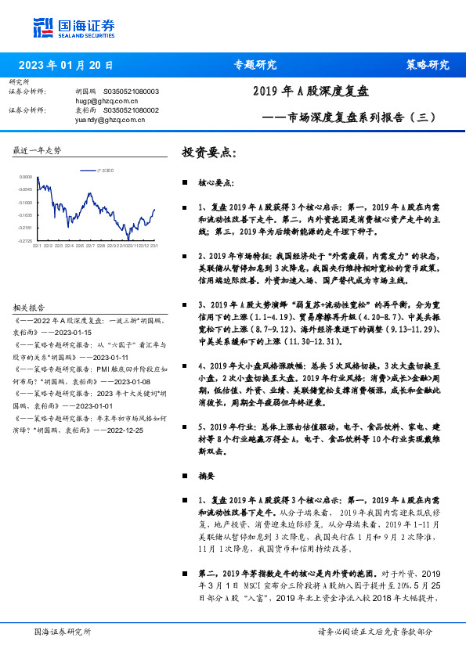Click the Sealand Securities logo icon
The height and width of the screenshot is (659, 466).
(x=42, y=28)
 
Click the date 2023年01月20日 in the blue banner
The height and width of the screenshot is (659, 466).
(x=66, y=66)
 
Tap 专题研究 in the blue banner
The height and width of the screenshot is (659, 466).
(x=255, y=66)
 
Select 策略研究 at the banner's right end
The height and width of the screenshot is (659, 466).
(x=428, y=66)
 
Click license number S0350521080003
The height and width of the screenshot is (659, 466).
(x=131, y=92)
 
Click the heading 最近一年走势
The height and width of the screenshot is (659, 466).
(x=37, y=149)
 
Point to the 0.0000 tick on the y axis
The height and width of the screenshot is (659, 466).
(x=27, y=178)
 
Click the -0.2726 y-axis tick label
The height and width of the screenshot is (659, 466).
(x=26, y=240)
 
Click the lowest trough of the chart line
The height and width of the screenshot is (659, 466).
(x=128, y=239)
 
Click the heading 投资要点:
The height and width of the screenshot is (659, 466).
(x=208, y=152)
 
